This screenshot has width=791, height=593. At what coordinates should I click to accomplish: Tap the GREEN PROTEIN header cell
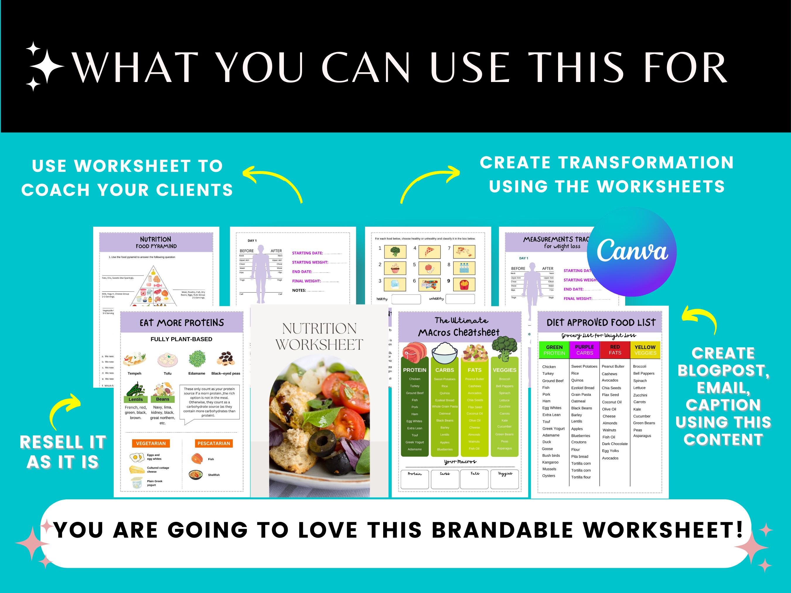click(x=554, y=350)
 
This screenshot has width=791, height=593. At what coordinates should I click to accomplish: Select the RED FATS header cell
click(x=615, y=350)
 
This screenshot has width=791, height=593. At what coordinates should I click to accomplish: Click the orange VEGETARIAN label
click(x=151, y=443)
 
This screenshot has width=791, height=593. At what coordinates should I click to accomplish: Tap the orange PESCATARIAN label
click(x=214, y=443)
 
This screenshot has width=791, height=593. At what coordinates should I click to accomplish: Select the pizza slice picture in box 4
click(x=429, y=252)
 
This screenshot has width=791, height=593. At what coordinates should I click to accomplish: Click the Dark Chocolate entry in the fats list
click(x=614, y=444)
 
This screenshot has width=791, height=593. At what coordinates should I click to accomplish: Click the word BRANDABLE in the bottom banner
click(x=502, y=530)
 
